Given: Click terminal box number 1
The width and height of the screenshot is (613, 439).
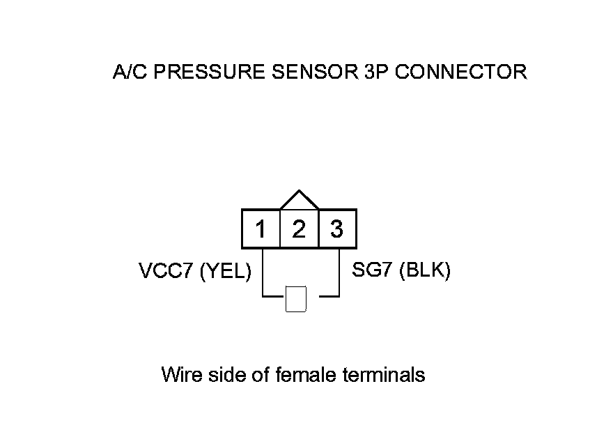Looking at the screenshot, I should pos(261,229).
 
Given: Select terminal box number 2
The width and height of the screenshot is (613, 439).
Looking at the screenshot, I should pos(299,229).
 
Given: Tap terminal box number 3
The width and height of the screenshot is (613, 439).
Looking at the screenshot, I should pos(337,229).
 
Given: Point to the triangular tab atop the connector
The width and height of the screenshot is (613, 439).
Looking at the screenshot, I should pos(299,201).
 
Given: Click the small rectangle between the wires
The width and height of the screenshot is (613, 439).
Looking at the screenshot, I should pos(297,299).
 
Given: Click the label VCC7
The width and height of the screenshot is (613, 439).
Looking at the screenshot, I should pos(166,272).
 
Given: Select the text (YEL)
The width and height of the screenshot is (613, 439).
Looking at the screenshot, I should pos(225,272).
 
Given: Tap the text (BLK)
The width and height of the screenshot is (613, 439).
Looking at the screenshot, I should pos(425,270).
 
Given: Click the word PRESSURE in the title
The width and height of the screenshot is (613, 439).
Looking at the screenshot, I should pos(206,72).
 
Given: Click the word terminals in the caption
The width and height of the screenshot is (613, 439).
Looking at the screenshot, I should pos(385,375).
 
